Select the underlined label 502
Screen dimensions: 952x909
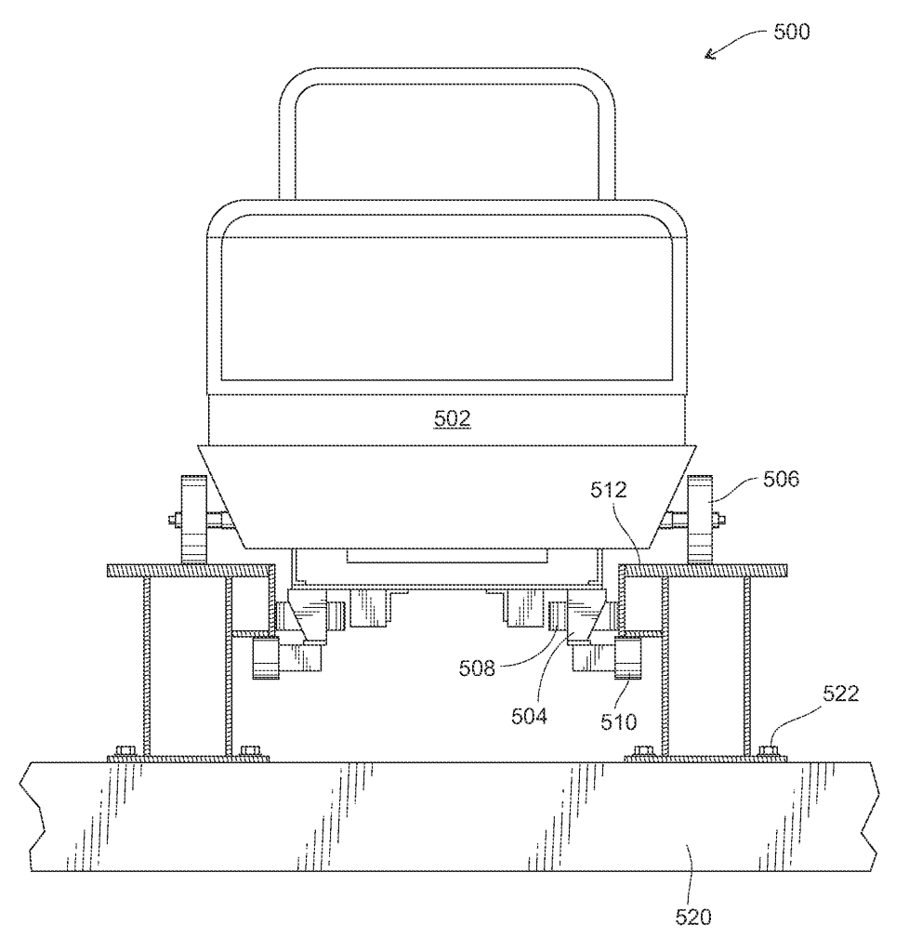(x=454, y=420)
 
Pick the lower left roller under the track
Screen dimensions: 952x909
(x=264, y=657)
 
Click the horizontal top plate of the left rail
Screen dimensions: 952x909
(x=190, y=569)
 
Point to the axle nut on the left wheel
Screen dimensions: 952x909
(x=174, y=519)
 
